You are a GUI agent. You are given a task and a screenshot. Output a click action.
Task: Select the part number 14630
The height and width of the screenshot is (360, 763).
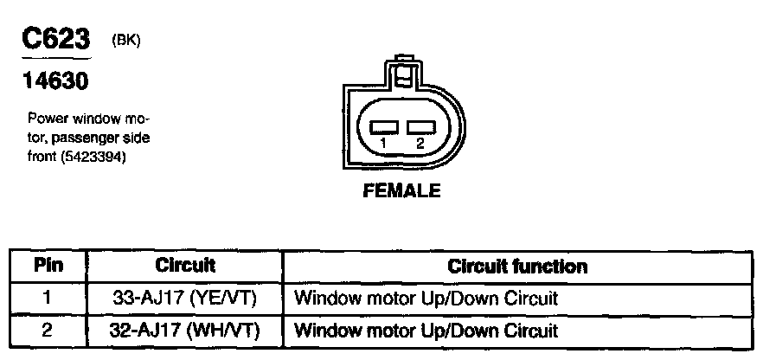click(54, 82)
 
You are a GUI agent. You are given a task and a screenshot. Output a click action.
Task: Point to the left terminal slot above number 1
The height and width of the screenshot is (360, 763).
click(384, 127)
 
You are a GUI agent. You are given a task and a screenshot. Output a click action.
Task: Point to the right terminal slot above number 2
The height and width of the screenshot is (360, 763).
click(420, 127)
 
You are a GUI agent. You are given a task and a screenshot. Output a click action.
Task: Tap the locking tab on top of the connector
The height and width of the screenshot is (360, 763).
click(401, 68)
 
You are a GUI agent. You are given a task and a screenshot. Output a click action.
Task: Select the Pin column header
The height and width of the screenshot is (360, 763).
click(48, 266)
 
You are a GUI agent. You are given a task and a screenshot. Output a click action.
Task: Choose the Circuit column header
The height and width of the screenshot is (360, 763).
click(185, 266)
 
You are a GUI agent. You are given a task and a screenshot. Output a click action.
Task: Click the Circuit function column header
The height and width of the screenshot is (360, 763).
click(517, 267)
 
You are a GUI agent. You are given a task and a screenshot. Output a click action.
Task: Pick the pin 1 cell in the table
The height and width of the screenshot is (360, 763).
click(48, 299)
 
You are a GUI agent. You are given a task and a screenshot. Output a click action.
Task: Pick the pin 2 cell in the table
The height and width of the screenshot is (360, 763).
click(48, 330)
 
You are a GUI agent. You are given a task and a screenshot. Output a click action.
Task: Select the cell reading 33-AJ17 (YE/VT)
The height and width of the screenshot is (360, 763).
click(185, 299)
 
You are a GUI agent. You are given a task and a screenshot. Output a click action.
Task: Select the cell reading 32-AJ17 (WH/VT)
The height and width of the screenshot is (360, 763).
click(185, 330)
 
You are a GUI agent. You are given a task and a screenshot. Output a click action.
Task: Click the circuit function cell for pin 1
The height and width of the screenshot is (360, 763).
click(426, 299)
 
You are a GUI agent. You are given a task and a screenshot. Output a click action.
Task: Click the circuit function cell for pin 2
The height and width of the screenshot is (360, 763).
click(426, 330)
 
